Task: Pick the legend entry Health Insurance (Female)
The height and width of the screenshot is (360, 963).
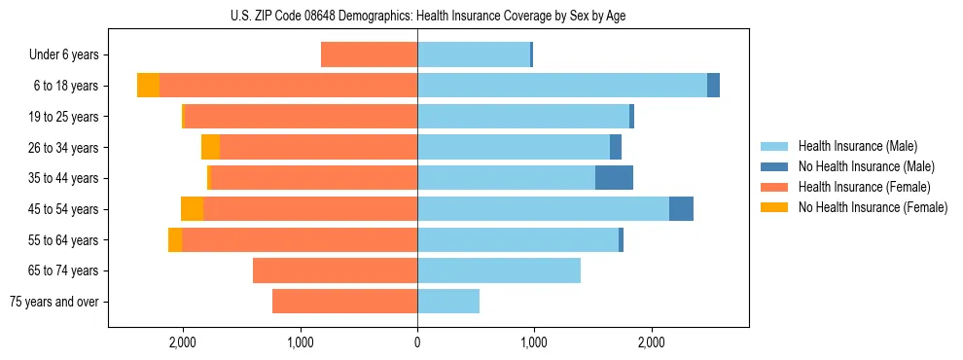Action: tap(864, 187)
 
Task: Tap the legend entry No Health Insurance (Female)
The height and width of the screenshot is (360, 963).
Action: tap(873, 207)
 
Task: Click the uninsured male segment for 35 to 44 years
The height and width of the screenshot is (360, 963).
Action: tap(614, 178)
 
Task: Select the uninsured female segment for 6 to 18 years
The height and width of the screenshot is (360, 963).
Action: tap(148, 86)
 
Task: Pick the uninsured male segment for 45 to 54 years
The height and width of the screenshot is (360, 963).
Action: tap(681, 209)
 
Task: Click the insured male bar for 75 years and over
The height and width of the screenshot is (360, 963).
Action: tap(448, 302)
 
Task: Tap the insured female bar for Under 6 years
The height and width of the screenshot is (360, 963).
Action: tap(370, 55)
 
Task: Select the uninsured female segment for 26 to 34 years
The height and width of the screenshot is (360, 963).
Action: tap(210, 147)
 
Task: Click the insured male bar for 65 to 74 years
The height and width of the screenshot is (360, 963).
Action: tap(499, 270)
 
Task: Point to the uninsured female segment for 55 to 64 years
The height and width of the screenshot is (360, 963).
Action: tap(175, 240)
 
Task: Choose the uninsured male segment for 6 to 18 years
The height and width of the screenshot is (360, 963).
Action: tap(713, 86)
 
